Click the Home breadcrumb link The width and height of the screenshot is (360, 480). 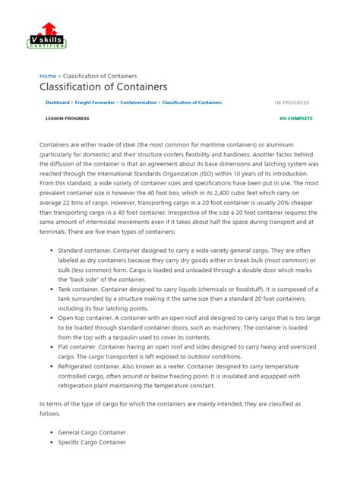[48, 76]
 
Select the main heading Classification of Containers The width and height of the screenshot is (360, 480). [103, 87]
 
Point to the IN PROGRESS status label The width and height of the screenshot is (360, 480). [292, 102]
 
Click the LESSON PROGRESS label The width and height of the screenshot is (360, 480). [63, 118]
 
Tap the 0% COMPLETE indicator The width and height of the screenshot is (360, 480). [295, 118]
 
